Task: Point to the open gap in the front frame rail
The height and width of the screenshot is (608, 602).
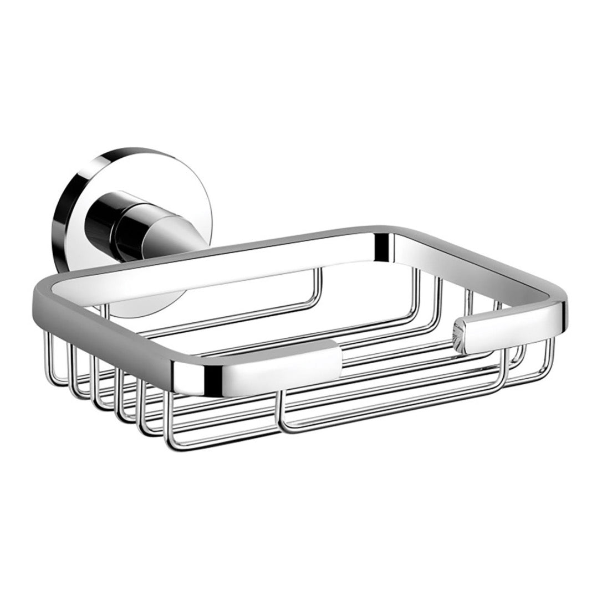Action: [x=399, y=354]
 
